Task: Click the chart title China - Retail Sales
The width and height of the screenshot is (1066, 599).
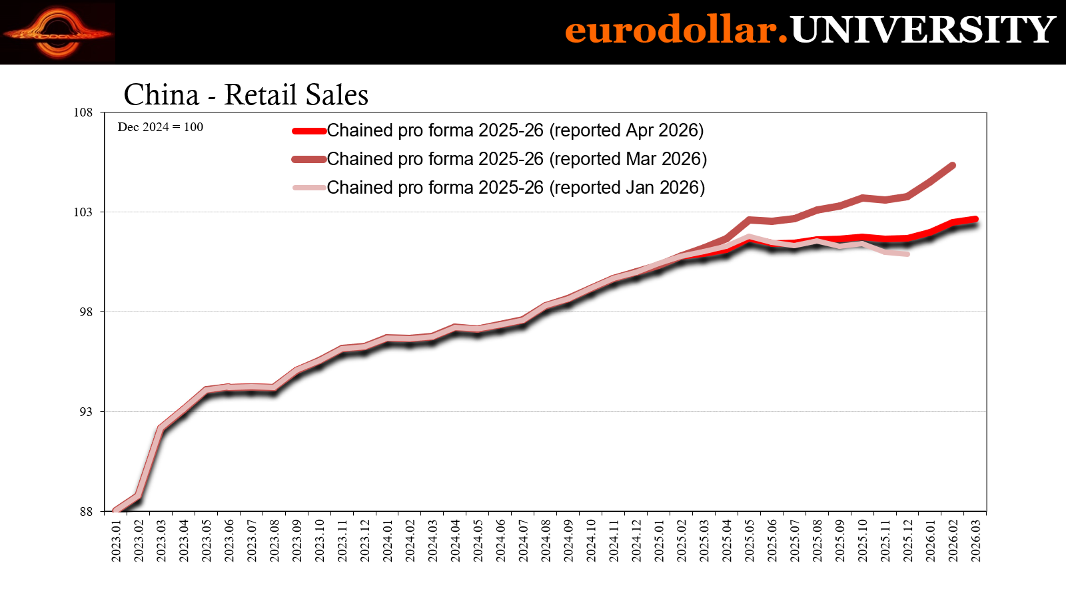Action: (246, 95)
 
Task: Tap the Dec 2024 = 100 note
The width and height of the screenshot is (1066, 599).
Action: (161, 127)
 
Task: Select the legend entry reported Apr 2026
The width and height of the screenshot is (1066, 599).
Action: (498, 130)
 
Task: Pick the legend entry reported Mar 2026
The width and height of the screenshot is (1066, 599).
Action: (499, 159)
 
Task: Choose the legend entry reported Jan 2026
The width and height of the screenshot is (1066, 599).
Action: (498, 187)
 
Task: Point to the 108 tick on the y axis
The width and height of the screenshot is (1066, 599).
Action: (83, 112)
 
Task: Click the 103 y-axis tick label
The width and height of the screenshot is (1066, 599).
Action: (83, 212)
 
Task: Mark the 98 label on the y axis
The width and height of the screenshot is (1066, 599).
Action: (86, 312)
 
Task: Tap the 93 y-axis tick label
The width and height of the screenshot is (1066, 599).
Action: (86, 412)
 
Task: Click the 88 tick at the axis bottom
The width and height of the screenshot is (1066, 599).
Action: (86, 512)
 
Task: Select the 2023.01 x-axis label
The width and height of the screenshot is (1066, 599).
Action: (116, 540)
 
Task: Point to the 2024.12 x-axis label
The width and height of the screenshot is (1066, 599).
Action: (637, 540)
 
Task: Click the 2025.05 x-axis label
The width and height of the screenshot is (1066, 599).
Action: (750, 540)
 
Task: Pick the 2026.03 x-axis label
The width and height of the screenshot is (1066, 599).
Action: (976, 540)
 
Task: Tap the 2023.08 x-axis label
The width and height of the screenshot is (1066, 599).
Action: (274, 540)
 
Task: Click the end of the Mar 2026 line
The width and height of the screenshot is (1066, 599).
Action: (953, 166)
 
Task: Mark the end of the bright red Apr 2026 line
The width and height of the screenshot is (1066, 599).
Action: (975, 219)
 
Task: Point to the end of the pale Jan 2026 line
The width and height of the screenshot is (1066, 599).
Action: (907, 254)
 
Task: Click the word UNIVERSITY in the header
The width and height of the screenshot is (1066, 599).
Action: (923, 30)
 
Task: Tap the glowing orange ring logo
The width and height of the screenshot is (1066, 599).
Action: (57, 33)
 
